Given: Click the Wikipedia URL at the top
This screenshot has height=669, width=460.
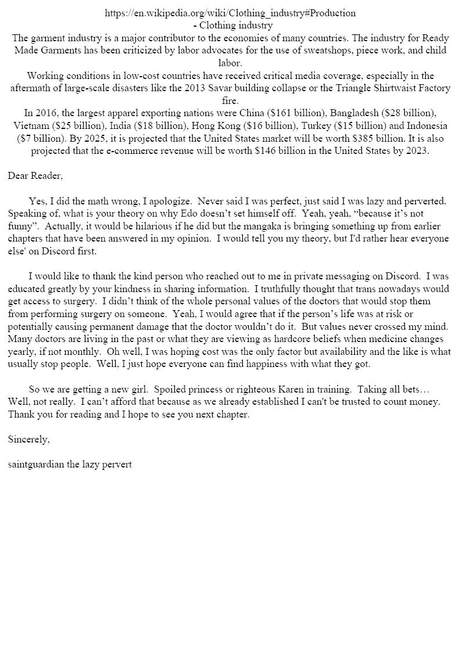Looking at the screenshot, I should pos(230,13).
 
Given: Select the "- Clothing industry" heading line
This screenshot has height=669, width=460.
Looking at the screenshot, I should pos(232,26).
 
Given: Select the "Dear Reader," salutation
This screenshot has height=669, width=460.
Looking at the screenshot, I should pos(35,176).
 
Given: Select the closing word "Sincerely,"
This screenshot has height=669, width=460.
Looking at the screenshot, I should pos(29,440).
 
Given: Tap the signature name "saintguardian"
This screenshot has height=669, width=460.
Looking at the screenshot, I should pos(36,465).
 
